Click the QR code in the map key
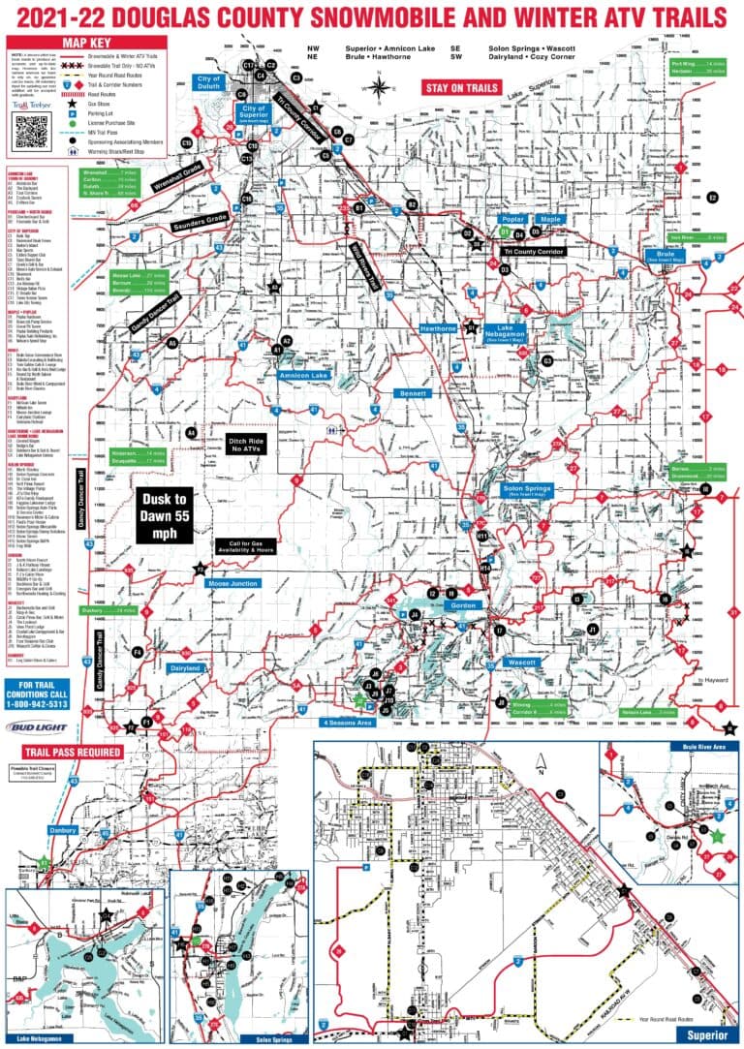click(x=32, y=129)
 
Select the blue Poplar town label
click(x=511, y=219)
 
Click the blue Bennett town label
click(x=412, y=394)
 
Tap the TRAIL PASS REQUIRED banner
click(x=57, y=751)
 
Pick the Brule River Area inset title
click(x=702, y=747)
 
